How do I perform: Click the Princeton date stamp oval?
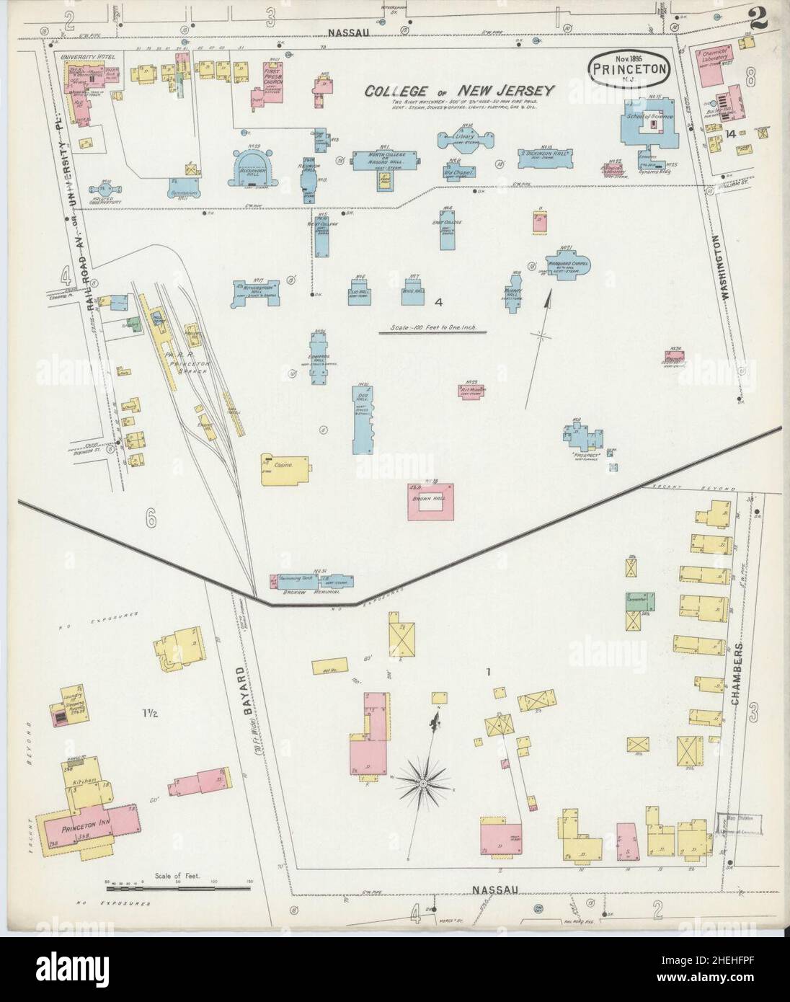pyautogui.click(x=631, y=68)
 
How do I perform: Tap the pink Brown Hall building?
pyautogui.click(x=431, y=505)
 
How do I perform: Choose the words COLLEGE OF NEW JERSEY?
pyautogui.click(x=458, y=91)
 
